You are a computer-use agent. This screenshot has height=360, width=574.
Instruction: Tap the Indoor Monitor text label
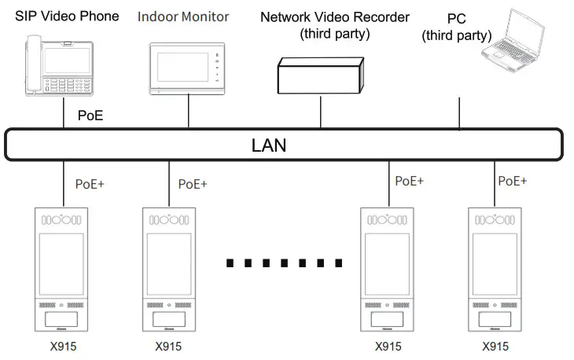183,16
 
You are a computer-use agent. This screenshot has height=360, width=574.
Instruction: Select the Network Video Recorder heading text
334,17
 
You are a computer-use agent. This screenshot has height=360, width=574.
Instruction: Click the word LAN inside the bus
269,145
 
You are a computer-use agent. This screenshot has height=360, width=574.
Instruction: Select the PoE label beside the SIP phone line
90,116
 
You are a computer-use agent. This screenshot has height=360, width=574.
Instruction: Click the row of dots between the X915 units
284,263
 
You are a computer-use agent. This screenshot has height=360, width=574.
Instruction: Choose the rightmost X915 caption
495,346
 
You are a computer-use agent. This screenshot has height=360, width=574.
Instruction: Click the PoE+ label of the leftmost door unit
90,184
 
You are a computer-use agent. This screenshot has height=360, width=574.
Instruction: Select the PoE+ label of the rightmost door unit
513,181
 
